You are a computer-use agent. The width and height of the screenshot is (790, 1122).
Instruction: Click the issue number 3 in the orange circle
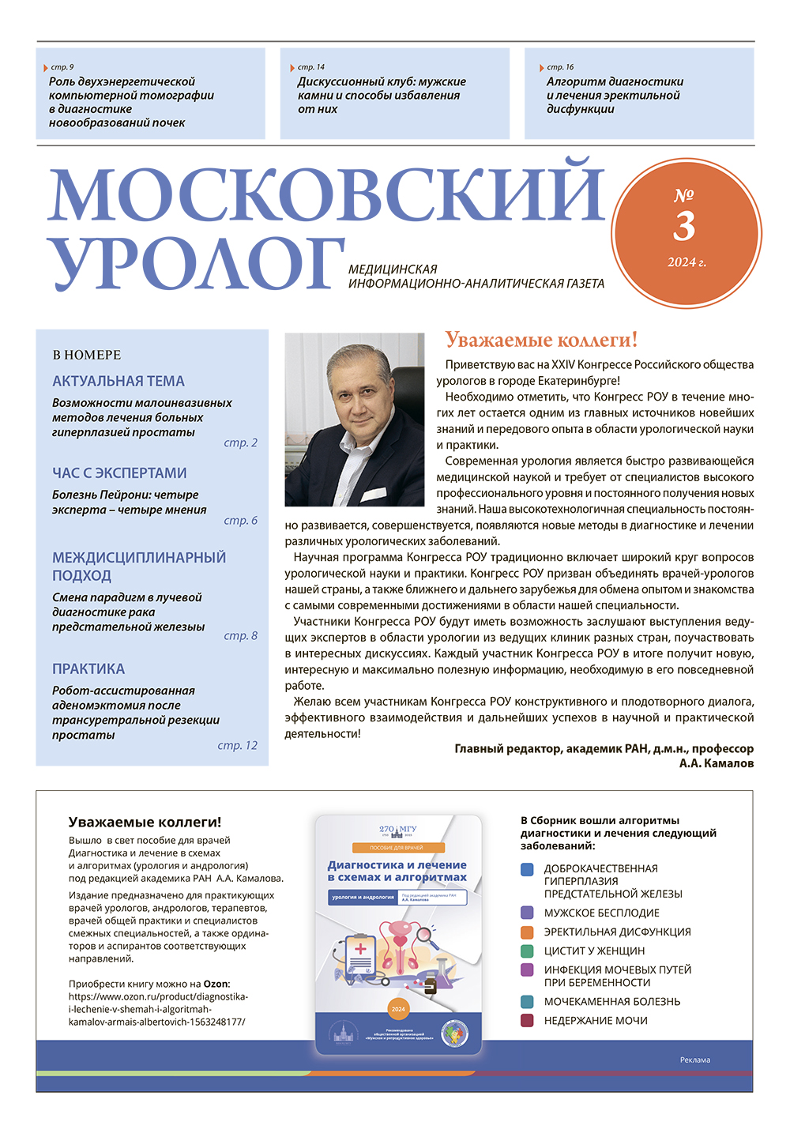click(684, 227)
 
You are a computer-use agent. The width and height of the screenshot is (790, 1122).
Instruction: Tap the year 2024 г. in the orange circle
click(687, 262)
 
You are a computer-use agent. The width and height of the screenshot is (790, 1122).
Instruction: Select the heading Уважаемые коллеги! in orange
click(541, 340)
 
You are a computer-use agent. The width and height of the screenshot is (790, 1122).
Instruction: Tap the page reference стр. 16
click(560, 67)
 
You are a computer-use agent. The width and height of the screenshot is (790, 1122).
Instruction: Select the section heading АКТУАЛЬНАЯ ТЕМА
click(118, 381)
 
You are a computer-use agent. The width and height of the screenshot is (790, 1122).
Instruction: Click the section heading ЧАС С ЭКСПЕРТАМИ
click(119, 473)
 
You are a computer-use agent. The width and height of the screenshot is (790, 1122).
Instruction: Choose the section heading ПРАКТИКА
click(88, 668)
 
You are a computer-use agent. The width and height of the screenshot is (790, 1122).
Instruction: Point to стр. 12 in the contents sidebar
click(238, 745)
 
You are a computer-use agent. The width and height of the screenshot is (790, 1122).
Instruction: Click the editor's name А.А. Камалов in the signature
click(716, 763)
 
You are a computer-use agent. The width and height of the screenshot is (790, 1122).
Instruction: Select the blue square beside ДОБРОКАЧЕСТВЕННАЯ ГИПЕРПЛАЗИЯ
click(528, 870)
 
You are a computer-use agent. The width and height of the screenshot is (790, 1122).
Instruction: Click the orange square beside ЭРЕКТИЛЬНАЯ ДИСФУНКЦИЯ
click(528, 932)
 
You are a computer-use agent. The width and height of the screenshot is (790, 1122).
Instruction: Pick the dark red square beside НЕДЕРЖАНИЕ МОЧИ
click(528, 1021)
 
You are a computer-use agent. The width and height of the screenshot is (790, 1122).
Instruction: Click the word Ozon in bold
click(216, 984)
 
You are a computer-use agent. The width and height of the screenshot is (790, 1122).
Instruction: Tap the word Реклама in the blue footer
click(694, 1060)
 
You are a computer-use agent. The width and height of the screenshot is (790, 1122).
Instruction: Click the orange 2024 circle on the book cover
click(398, 1009)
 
